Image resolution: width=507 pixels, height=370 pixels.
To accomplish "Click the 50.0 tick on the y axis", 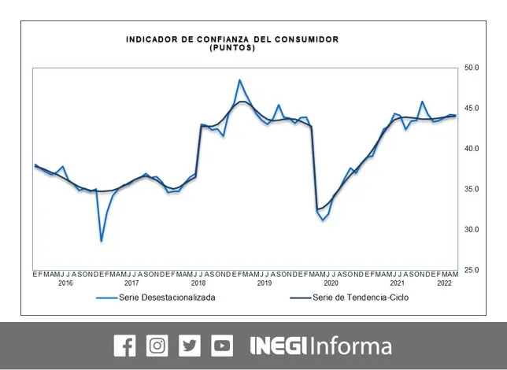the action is [472, 68].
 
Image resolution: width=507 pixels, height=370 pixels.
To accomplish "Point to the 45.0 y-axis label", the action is [472, 108].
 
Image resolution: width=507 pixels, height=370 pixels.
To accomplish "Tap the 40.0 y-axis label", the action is [472, 149].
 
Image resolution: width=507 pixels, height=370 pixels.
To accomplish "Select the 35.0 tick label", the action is [472, 189].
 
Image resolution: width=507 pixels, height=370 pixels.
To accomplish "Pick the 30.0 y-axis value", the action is [472, 229].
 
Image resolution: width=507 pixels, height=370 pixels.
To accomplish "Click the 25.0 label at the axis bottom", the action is [472, 270].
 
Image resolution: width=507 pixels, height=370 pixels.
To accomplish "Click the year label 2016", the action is [65, 283].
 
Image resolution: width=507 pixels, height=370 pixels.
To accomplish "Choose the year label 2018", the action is [198, 283].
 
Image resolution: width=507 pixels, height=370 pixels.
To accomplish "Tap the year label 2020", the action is [331, 283].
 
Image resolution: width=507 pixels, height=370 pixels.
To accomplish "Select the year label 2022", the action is [444, 283].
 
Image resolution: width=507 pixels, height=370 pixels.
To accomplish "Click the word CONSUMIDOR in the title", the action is [306, 39].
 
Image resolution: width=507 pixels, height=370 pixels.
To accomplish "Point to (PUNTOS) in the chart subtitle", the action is [232, 48].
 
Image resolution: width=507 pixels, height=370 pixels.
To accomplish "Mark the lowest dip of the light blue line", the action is [102, 241].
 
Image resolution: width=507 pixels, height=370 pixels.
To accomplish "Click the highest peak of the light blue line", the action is [239, 80].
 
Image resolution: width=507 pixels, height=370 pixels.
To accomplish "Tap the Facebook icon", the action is [125, 346].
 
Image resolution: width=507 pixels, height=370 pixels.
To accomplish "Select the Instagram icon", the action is [157, 346].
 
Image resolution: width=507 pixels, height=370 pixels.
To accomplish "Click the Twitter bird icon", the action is [190, 346].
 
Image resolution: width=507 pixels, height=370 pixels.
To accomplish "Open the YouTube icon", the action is [222, 346].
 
